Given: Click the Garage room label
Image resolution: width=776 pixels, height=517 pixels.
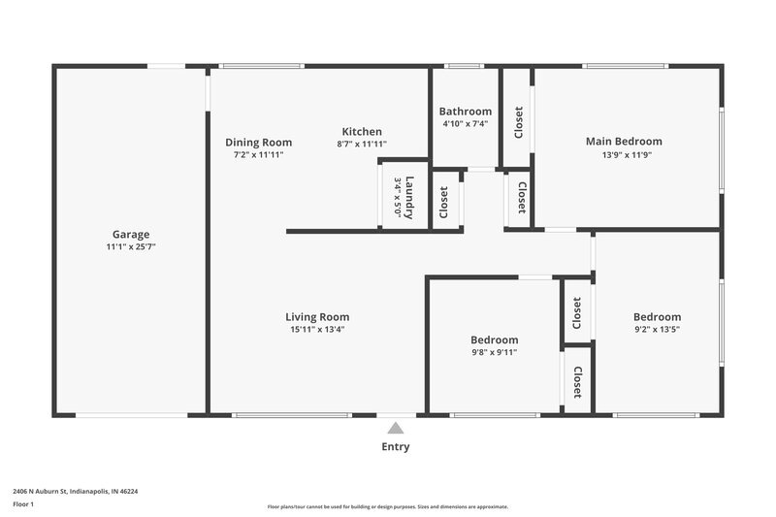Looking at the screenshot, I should [x=130, y=234].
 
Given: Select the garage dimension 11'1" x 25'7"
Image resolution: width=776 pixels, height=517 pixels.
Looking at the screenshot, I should [x=130, y=246].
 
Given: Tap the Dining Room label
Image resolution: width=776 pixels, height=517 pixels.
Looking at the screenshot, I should [x=258, y=143].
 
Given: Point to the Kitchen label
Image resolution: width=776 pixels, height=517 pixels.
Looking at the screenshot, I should [x=361, y=132].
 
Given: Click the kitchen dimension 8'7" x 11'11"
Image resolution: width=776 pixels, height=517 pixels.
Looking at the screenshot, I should [x=361, y=145].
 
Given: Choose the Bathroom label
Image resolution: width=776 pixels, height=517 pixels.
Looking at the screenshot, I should [x=465, y=112].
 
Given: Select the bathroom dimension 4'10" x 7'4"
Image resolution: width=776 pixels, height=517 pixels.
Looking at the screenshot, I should [x=465, y=124].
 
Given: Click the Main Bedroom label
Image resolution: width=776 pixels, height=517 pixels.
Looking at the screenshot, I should [x=624, y=142].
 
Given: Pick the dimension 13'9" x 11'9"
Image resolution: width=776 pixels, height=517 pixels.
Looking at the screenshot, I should [x=624, y=154].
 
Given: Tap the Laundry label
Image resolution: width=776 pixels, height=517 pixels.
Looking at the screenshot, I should [x=410, y=197].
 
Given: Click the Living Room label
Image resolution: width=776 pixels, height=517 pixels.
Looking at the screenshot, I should [x=317, y=317].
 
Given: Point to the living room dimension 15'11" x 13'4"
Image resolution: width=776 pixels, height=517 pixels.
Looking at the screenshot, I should [x=317, y=330].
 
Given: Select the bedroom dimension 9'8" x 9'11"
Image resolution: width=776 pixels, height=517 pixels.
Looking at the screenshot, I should [x=494, y=353].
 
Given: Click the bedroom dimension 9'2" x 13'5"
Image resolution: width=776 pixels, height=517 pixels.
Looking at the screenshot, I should [x=657, y=330].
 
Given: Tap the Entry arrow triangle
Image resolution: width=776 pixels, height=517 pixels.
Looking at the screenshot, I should [x=394, y=428].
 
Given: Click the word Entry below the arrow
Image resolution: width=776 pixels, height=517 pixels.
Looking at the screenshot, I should [x=395, y=447].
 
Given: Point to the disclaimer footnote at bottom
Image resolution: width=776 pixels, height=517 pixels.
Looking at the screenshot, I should [x=387, y=506].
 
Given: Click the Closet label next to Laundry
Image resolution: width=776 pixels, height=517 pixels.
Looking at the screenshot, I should [x=444, y=202].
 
